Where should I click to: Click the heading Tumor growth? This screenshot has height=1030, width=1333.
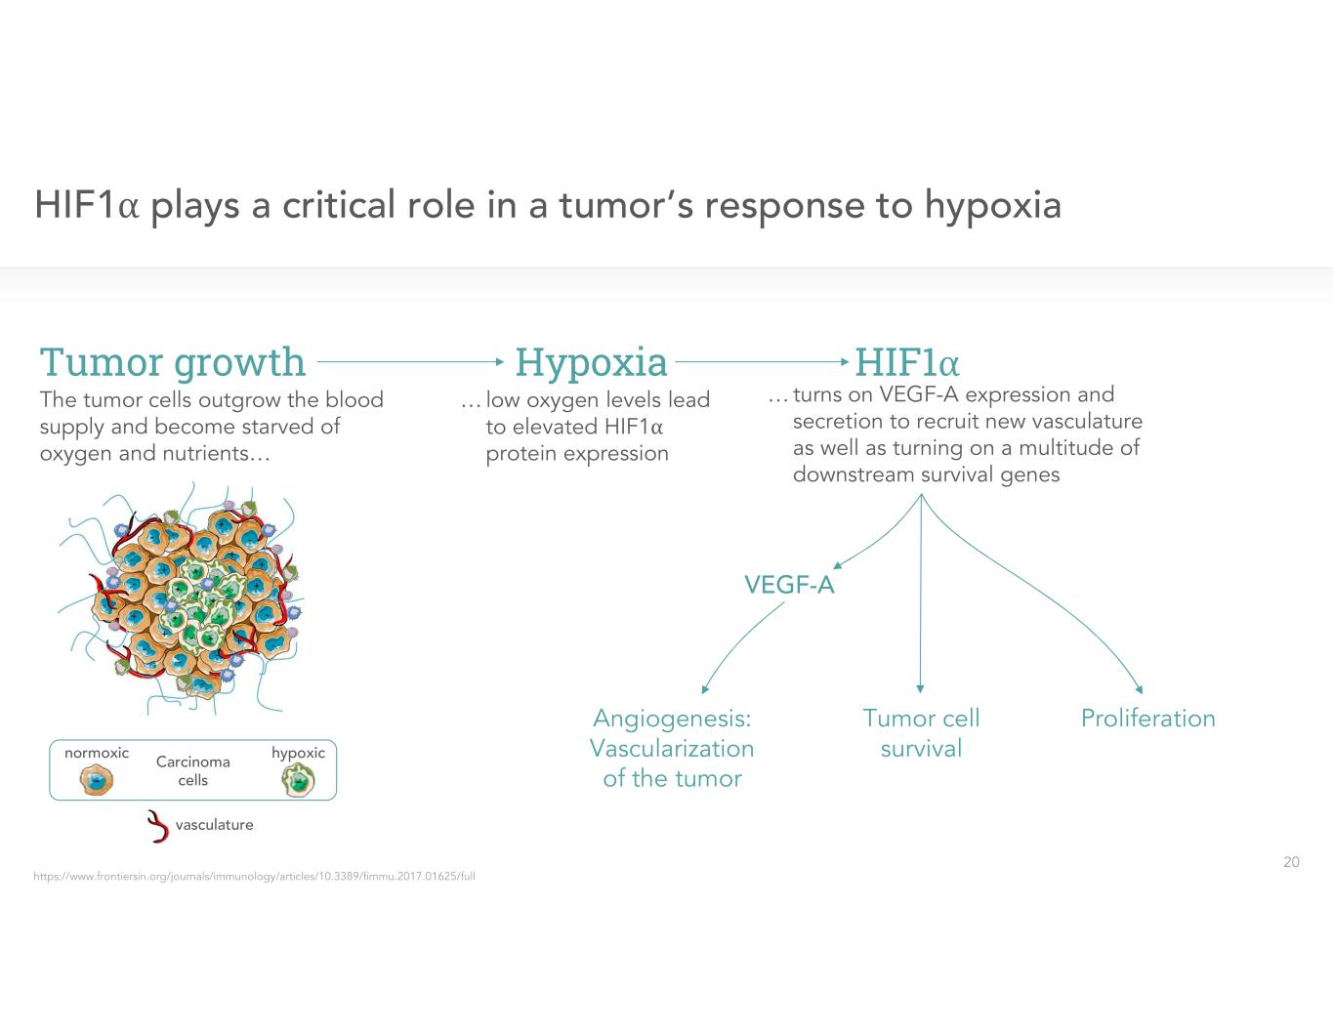[172, 362]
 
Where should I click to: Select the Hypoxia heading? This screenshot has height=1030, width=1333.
[591, 362]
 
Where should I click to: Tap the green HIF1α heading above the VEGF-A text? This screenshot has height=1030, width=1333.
[907, 362]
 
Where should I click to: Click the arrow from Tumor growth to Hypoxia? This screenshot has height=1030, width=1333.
[410, 361]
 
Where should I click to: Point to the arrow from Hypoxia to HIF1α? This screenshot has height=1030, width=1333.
[762, 361]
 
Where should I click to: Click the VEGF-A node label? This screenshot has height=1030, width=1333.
[789, 585]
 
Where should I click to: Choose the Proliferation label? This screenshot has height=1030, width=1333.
[1147, 719]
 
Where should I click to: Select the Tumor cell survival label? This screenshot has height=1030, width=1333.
[921, 733]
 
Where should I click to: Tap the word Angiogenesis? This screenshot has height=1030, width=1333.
[672, 719]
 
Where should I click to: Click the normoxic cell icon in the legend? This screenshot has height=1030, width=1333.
[97, 780]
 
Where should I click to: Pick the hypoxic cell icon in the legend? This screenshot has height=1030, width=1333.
[298, 780]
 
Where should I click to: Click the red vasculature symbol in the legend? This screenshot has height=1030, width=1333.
[156, 826]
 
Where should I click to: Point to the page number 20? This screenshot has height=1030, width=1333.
[1291, 862]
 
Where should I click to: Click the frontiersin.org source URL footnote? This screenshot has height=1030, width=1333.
[254, 877]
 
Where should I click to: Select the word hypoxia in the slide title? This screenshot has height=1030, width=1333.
[992, 205]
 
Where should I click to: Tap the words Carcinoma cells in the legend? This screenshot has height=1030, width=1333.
[193, 770]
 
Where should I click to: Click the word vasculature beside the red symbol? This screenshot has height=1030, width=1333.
[214, 825]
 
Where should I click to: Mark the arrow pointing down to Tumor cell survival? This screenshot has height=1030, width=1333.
[921, 605]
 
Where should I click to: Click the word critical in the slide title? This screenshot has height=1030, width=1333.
[338, 205]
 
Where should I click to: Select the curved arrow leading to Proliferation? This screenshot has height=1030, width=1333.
[1055, 596]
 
